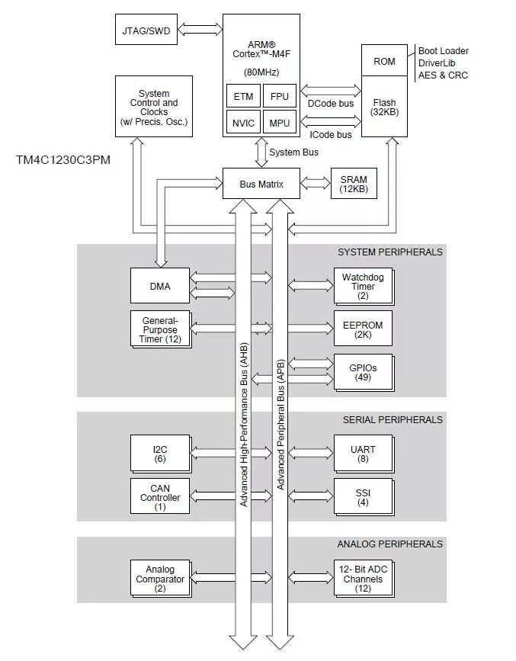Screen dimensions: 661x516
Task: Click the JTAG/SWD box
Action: (146, 31)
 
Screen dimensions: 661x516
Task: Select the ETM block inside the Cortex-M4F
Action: (243, 97)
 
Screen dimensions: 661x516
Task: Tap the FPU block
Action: (280, 97)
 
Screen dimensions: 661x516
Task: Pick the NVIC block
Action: (243, 122)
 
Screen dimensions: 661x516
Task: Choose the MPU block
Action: (280, 122)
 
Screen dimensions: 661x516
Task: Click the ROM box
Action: (384, 61)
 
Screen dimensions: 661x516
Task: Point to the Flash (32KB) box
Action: (384, 107)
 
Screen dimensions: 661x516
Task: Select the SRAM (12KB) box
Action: (354, 184)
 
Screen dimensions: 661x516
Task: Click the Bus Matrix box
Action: (261, 184)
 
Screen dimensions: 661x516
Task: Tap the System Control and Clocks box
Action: (154, 107)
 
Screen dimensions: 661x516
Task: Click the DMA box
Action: (159, 287)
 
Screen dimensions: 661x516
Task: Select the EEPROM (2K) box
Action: (363, 329)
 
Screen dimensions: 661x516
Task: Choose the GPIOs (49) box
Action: (363, 372)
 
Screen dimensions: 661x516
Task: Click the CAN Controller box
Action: (159, 497)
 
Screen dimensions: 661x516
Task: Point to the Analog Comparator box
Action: (159, 579)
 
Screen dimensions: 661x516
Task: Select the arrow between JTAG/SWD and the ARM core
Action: (199, 31)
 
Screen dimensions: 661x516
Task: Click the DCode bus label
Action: (331, 104)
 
